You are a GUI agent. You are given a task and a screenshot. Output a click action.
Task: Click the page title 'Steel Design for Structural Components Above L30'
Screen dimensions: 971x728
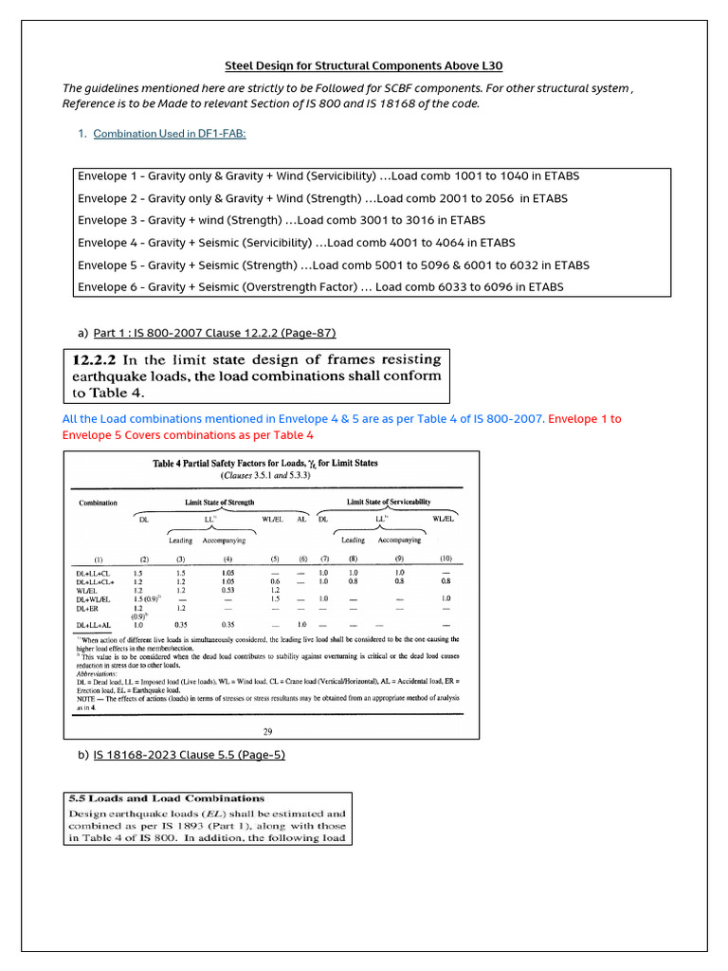[363, 66]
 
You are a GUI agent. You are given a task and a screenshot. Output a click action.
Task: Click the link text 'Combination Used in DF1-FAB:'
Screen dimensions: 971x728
[170, 134]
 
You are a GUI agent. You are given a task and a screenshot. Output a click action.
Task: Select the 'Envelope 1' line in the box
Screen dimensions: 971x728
[328, 176]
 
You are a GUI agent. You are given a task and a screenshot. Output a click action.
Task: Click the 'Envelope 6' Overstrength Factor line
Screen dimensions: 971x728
[320, 286]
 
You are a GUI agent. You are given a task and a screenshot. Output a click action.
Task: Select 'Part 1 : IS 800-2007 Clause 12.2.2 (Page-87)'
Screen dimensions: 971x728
[214, 333]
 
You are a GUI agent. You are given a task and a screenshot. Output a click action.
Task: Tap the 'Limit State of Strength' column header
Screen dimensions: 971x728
[220, 502]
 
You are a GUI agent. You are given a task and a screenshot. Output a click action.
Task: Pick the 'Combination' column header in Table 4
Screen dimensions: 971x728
[98, 503]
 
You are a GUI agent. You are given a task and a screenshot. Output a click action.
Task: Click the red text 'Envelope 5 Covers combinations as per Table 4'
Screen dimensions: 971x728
[189, 435]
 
